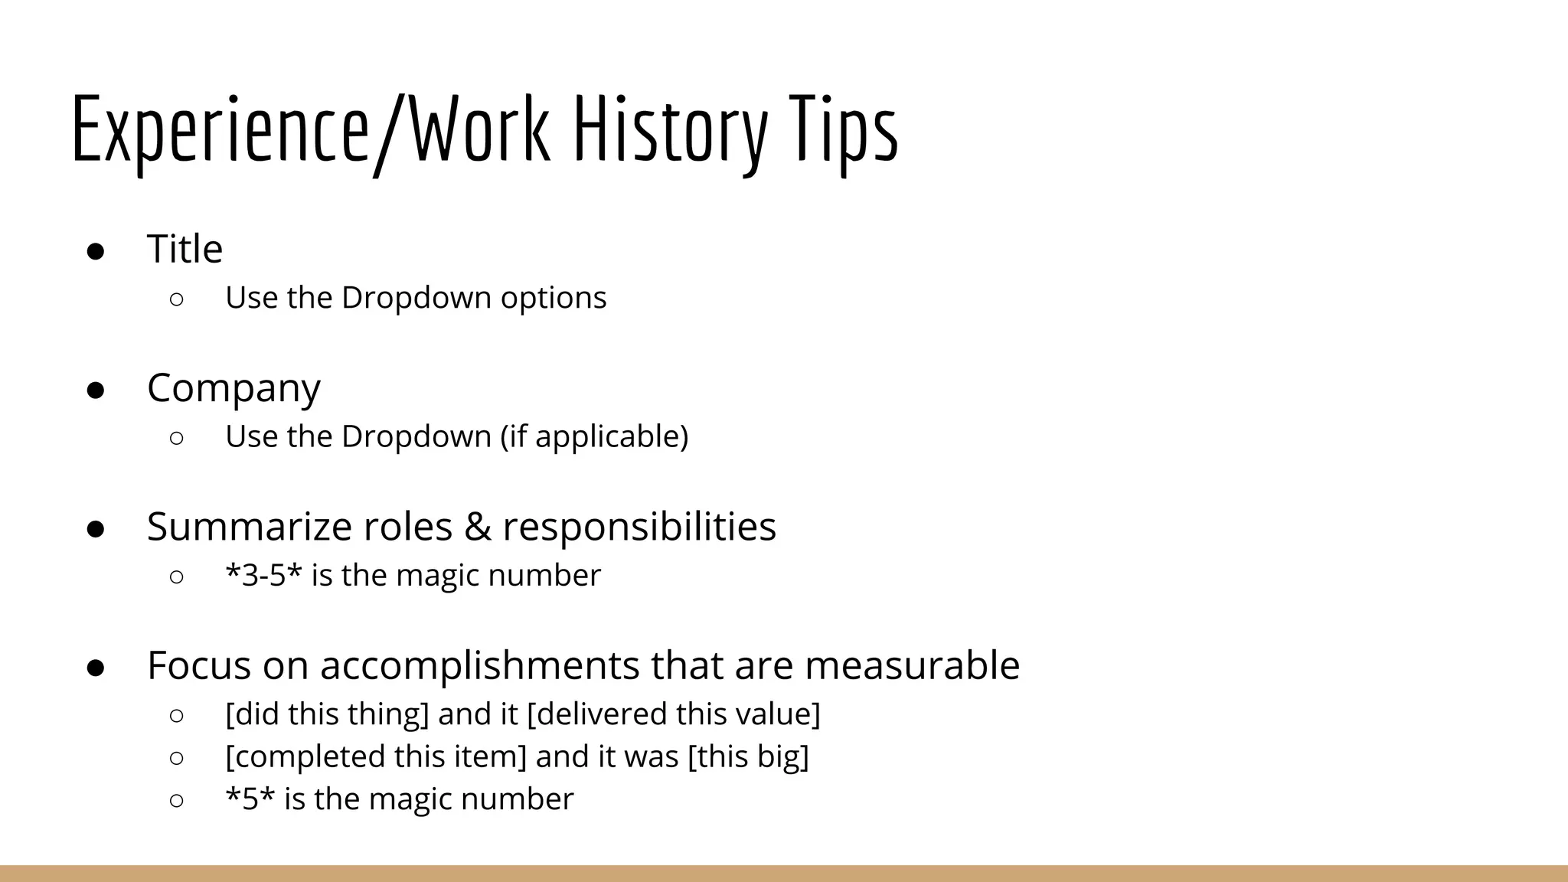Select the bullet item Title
(185, 249)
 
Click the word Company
(234, 388)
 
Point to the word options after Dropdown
(553, 298)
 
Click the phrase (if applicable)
(594, 436)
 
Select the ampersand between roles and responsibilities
(477, 527)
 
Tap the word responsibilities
(639, 527)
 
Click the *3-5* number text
(263, 575)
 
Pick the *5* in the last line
(250, 799)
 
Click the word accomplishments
(479, 665)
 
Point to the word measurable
(912, 665)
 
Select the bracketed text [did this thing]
(327, 714)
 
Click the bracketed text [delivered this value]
(674, 714)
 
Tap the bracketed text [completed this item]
(376, 756)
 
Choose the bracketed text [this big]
(748, 756)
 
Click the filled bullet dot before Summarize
(96, 529)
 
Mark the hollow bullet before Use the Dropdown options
(176, 299)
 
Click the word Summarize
(249, 527)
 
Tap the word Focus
(199, 665)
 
